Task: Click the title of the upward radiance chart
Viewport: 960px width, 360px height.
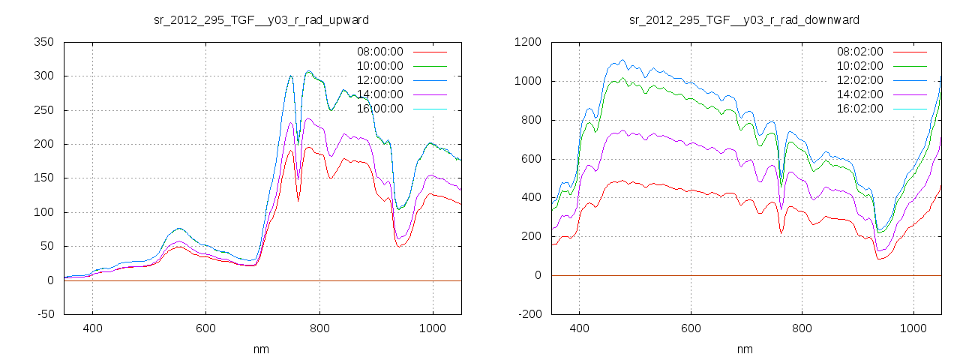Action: (x=261, y=19)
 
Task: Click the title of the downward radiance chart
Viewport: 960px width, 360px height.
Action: (x=744, y=19)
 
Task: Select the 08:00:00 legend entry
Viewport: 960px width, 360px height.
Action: (x=379, y=52)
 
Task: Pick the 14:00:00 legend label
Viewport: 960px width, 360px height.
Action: (x=379, y=94)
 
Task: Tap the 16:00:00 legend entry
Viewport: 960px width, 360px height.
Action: (x=379, y=109)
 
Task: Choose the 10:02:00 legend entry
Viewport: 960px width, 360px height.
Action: (x=859, y=66)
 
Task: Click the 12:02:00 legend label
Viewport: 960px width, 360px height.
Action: (x=859, y=80)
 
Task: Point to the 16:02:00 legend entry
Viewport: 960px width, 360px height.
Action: (x=859, y=109)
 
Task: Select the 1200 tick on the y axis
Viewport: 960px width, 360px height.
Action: (x=527, y=42)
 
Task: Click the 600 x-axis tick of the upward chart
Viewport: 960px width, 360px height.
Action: (x=206, y=328)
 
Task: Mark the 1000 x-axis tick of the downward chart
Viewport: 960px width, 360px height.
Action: (x=913, y=328)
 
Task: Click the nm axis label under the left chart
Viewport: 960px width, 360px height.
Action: (x=261, y=349)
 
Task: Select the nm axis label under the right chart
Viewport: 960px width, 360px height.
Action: (x=744, y=349)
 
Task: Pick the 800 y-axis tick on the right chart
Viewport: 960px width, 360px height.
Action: (x=530, y=120)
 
